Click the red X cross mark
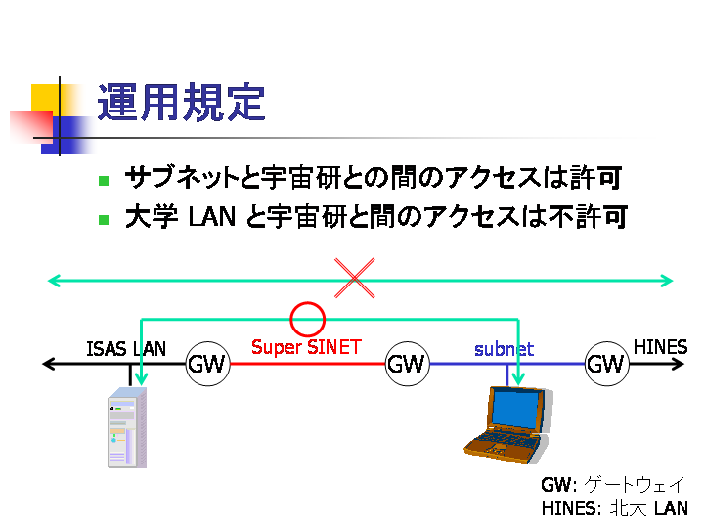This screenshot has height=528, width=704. click(x=356, y=278)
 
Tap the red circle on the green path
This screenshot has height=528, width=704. click(x=308, y=318)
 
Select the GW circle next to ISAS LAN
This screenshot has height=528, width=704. click(x=206, y=365)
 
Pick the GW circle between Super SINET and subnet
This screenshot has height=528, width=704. click(x=406, y=365)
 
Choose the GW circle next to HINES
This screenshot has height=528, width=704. click(x=605, y=365)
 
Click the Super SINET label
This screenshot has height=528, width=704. click(x=306, y=347)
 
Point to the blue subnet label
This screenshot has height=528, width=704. click(x=504, y=349)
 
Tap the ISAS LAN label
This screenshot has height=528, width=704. click(x=126, y=348)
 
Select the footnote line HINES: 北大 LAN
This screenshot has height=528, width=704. click(x=613, y=508)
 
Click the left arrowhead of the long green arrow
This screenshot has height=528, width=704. click(x=55, y=282)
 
